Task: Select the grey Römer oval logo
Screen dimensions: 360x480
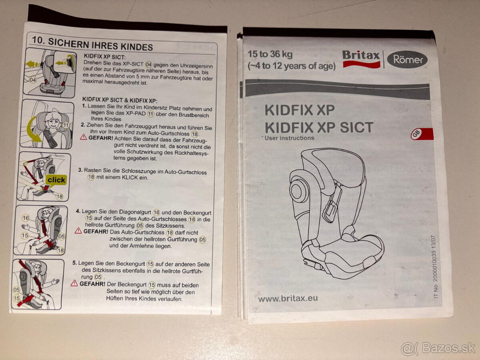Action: pos(407,60)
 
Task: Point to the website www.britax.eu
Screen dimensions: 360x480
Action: pos(288,298)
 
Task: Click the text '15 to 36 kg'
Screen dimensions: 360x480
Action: pos(270,54)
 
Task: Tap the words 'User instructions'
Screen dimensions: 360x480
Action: pos(289,138)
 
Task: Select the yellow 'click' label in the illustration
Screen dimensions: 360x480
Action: pos(56,180)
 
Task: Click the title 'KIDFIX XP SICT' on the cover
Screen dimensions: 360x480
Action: pos(318,127)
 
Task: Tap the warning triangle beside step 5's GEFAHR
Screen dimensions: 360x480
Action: pos(74,284)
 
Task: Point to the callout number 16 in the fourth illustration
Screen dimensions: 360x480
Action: pos(26,218)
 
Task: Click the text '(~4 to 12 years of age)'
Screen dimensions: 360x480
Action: pos(291,66)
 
